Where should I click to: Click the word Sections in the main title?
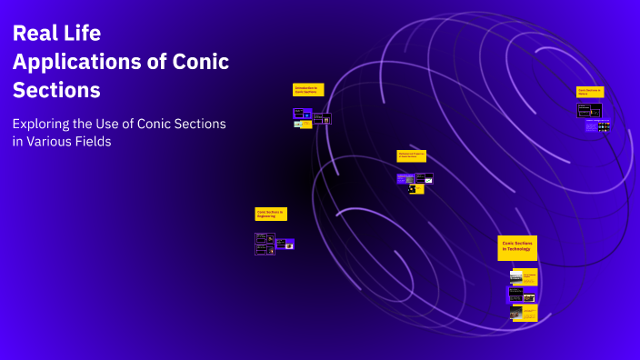coord(56,91)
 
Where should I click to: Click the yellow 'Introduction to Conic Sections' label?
coord(308,90)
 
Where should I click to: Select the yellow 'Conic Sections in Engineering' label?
coord(271,214)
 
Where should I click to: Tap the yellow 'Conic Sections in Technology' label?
coord(517,247)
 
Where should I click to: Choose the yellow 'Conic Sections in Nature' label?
coord(590,92)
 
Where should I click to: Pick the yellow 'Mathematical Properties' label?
coord(411,156)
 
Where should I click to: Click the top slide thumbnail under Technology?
coord(523,276)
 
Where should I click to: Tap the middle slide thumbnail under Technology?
coord(521,295)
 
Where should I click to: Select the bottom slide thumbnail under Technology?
coord(523,313)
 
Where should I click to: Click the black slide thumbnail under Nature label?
coord(589,110)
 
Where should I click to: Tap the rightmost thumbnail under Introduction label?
coord(322,118)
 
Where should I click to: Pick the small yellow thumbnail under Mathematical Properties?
coord(416,189)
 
